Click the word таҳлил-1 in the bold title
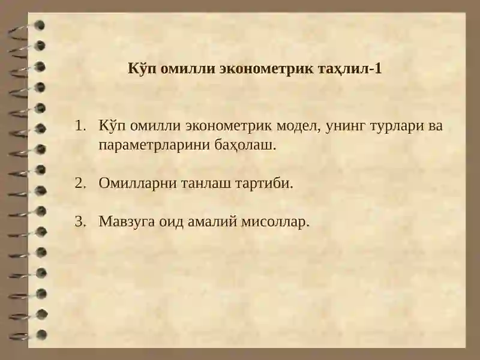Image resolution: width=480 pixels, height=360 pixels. click(349, 68)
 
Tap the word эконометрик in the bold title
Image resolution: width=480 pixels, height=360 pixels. click(265, 68)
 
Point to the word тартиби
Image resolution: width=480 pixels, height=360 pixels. click(266, 182)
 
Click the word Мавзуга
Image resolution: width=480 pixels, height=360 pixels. click(127, 221)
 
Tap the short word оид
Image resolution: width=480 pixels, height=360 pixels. click(171, 221)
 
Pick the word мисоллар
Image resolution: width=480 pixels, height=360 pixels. click(275, 221)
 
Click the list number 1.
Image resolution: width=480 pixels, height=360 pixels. click(80, 127)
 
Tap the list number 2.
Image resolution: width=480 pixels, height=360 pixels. click(80, 182)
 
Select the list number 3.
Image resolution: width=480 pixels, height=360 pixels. click(80, 221)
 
